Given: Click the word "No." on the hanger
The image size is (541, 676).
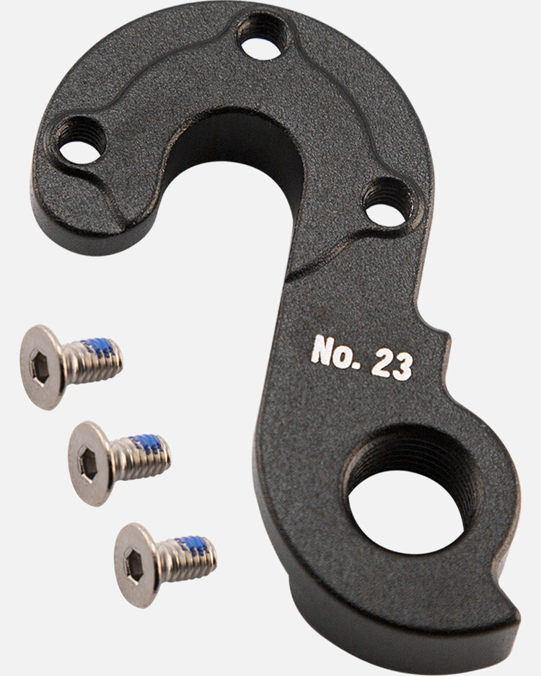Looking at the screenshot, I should (x=336, y=352).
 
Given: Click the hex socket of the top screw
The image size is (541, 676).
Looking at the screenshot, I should (x=40, y=368).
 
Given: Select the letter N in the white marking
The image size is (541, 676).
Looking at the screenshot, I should (x=322, y=350).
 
